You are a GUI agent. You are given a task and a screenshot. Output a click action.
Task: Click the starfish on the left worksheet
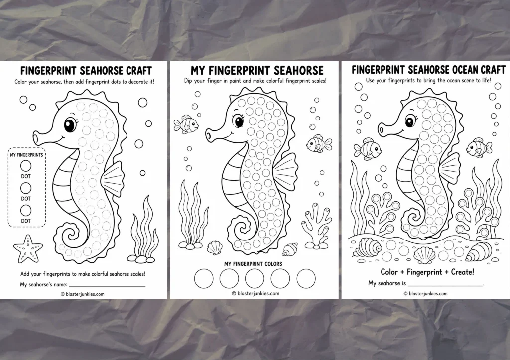[28, 249]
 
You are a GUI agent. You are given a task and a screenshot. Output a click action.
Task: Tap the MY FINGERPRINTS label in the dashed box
[26, 155]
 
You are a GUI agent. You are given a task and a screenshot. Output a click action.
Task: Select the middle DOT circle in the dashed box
[26, 188]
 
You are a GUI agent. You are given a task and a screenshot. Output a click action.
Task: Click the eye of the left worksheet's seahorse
[70, 125]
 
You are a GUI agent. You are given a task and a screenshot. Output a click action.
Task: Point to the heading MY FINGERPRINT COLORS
[253, 264]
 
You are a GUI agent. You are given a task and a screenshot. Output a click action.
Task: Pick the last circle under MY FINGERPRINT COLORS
[306, 279]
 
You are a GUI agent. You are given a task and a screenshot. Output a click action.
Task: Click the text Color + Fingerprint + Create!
[427, 271]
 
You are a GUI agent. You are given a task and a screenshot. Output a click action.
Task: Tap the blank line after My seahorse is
[446, 285]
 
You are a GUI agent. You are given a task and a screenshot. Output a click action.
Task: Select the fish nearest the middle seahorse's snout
[186, 123]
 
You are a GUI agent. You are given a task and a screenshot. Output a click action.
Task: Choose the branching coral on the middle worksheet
[316, 225]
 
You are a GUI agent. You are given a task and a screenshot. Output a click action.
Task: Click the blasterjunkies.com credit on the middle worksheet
[255, 293]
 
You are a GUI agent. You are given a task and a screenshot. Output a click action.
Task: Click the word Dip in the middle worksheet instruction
[188, 81]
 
